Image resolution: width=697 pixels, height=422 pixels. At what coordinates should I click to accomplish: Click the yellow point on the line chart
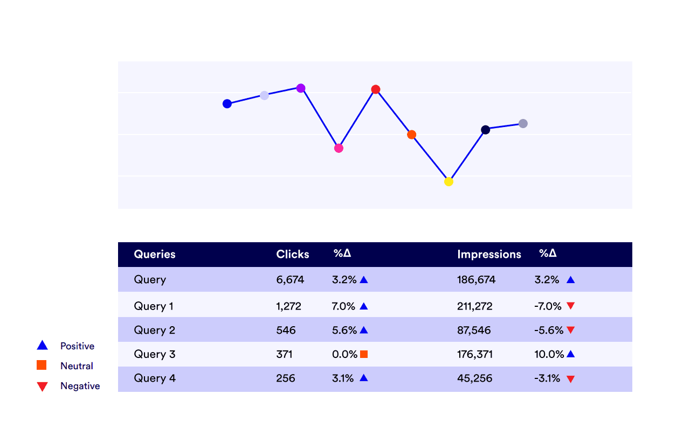(448, 182)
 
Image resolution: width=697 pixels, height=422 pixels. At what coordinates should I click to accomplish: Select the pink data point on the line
(339, 148)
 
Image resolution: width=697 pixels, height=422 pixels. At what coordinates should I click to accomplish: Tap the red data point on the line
(376, 89)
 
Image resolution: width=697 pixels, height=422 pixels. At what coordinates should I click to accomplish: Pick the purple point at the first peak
(301, 88)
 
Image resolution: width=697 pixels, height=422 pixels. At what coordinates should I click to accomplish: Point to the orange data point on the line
(411, 135)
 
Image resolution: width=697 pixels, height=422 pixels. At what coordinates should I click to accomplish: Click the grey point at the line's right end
(523, 124)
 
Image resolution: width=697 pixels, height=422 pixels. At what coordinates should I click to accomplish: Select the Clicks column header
(293, 255)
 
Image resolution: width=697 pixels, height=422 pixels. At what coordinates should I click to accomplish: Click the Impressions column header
(489, 255)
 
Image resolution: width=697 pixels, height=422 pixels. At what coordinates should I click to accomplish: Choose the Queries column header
(155, 255)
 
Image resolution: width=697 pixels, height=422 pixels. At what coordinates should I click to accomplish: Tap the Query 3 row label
(154, 354)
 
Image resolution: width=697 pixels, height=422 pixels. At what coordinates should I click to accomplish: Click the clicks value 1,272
(288, 306)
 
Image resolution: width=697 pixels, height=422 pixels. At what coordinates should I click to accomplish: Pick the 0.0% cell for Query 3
(344, 354)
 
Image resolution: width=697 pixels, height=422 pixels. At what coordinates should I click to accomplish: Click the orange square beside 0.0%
(364, 354)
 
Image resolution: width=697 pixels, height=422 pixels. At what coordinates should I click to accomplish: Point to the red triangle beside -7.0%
(571, 306)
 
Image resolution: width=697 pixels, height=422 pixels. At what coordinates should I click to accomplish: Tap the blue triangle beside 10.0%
(571, 354)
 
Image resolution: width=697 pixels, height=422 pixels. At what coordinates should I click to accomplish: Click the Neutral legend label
(77, 366)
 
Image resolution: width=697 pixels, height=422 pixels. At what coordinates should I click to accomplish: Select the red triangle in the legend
(42, 386)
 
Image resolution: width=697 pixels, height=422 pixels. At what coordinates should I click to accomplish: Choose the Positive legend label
(77, 346)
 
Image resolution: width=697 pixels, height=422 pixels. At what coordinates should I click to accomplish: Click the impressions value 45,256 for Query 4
(474, 378)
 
